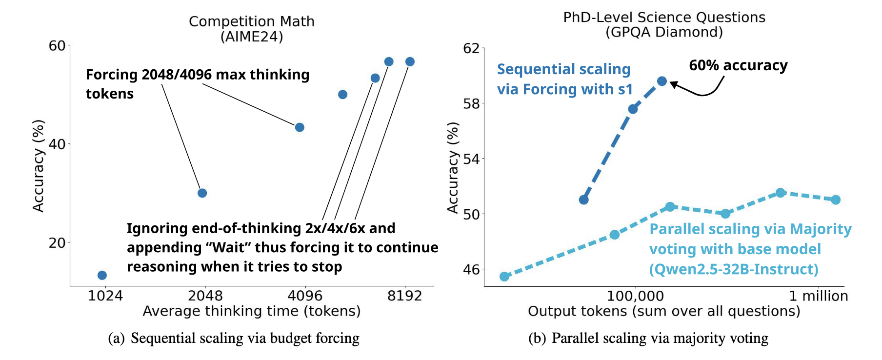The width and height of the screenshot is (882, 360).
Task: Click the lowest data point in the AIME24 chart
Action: [x=102, y=275]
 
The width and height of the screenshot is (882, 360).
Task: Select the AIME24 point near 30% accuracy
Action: [x=202, y=193]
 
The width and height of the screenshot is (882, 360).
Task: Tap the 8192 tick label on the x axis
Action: [x=404, y=296]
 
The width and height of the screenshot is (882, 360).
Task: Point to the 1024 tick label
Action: [x=105, y=296]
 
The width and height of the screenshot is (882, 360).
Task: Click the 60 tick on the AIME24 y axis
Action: [x=57, y=46]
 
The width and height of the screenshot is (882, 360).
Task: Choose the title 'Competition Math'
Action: [x=252, y=21]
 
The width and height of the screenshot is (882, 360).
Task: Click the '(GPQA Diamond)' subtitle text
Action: [x=664, y=32]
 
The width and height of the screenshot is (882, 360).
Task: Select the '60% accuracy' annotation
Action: [x=738, y=65]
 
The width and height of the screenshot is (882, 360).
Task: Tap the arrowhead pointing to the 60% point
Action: [x=673, y=84]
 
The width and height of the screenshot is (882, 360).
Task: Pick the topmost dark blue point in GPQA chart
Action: [x=662, y=81]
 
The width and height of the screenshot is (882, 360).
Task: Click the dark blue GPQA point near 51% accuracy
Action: [x=583, y=200]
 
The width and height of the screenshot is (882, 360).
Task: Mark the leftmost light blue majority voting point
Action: [x=504, y=277]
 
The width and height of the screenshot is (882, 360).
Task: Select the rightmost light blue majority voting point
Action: [x=836, y=200]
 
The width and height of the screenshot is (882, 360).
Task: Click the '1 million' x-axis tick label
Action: [x=819, y=296]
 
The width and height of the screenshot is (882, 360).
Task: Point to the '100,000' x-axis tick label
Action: [x=635, y=296]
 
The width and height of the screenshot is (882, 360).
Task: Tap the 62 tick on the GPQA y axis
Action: [x=471, y=48]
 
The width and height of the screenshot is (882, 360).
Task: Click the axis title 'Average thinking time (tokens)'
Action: [x=252, y=311]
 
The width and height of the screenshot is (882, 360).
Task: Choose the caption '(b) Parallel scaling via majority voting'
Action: [x=648, y=338]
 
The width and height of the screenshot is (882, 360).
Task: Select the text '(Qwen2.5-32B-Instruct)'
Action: [x=734, y=269]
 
